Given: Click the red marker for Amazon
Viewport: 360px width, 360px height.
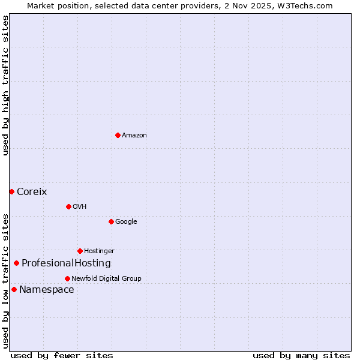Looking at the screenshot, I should pyautogui.click(x=118, y=135).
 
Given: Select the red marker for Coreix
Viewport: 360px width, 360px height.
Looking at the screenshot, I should pyautogui.click(x=11, y=191).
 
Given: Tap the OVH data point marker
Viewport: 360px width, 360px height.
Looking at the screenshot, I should pyautogui.click(x=68, y=206).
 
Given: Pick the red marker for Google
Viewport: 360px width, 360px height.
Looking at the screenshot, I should pyautogui.click(x=111, y=221).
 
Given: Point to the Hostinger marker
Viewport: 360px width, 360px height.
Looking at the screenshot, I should pyautogui.click(x=80, y=251).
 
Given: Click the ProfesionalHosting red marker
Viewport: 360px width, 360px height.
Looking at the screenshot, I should pyautogui.click(x=16, y=263).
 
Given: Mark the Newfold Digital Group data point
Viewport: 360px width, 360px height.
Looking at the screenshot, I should pyautogui.click(x=67, y=278).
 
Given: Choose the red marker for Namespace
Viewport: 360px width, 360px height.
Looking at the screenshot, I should pyautogui.click(x=14, y=289).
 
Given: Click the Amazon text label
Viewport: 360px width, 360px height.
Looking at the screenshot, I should pyautogui.click(x=134, y=136).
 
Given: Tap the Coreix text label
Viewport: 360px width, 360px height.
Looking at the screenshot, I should pyautogui.click(x=32, y=192).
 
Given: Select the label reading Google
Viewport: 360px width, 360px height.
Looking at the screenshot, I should pyautogui.click(x=126, y=222).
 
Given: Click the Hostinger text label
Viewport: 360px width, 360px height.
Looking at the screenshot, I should pyautogui.click(x=99, y=251).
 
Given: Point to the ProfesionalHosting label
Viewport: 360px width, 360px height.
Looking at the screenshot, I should pyautogui.click(x=66, y=263).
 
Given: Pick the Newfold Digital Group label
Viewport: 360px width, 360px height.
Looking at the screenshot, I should pyautogui.click(x=106, y=279).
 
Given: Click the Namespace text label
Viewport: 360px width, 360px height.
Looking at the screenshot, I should pyautogui.click(x=47, y=290).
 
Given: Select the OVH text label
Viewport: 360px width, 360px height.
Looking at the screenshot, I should pyautogui.click(x=80, y=207).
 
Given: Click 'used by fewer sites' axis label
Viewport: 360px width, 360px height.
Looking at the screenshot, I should pyautogui.click(x=62, y=356).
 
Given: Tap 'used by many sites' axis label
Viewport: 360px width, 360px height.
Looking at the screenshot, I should pyautogui.click(x=301, y=356).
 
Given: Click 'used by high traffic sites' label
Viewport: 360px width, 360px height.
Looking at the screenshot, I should pyautogui.click(x=6, y=85).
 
